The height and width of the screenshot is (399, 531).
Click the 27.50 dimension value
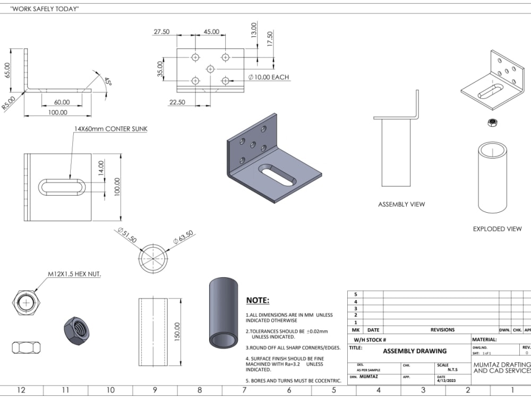coord(161,32)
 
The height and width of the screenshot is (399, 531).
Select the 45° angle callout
coord(108,82)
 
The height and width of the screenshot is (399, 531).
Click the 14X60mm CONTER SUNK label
coord(110,129)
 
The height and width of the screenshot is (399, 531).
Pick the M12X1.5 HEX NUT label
coord(75,274)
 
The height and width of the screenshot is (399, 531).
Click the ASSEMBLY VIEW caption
coord(401,204)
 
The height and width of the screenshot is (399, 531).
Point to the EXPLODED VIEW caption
coord(497,229)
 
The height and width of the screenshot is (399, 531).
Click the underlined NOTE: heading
coord(258,301)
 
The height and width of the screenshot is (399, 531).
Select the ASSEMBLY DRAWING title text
coord(415,351)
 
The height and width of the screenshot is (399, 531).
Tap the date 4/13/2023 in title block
coord(447,381)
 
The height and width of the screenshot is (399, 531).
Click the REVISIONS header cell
coord(442,330)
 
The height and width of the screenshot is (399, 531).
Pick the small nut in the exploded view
coord(492,123)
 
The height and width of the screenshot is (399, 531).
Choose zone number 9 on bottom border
coord(155,390)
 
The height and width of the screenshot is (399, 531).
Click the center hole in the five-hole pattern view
coord(210,69)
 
